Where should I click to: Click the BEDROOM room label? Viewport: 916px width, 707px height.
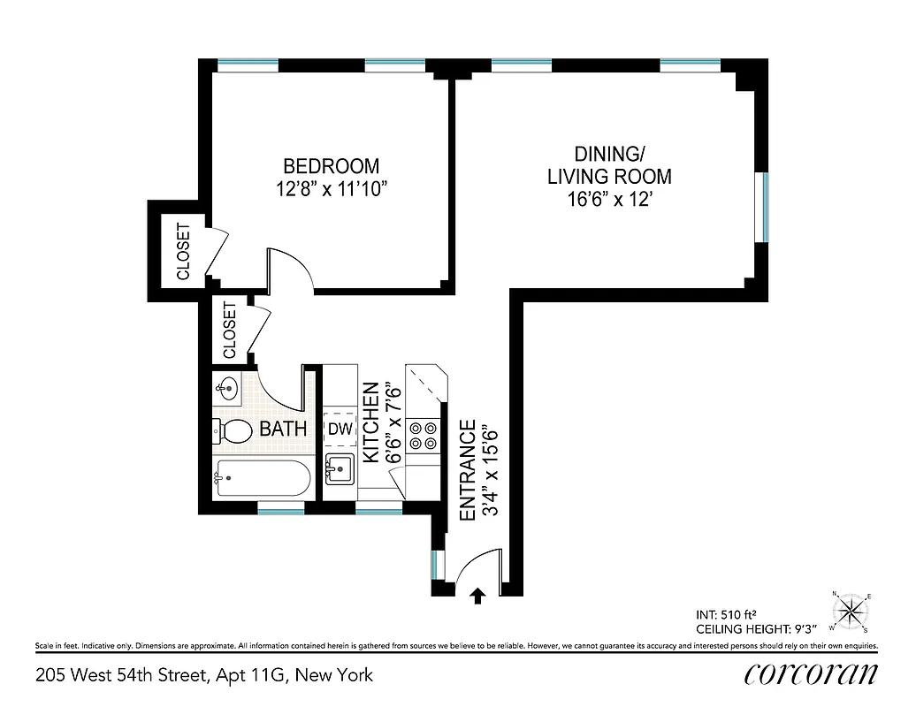click(331, 166)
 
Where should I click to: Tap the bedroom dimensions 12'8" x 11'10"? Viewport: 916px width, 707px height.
click(331, 189)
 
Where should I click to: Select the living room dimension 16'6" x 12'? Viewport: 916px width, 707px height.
click(609, 200)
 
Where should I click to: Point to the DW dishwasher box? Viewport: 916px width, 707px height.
click(340, 429)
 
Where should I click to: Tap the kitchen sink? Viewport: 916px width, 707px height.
click(339, 468)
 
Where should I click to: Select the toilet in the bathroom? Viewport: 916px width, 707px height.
click(233, 431)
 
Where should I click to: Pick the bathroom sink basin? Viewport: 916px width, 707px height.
click(226, 387)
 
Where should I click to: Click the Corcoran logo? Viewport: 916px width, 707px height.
click(811, 674)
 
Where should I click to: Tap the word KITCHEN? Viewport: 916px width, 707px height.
click(371, 422)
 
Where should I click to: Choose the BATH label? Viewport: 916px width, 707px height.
click(283, 430)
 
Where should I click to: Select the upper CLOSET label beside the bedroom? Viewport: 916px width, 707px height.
click(183, 252)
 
